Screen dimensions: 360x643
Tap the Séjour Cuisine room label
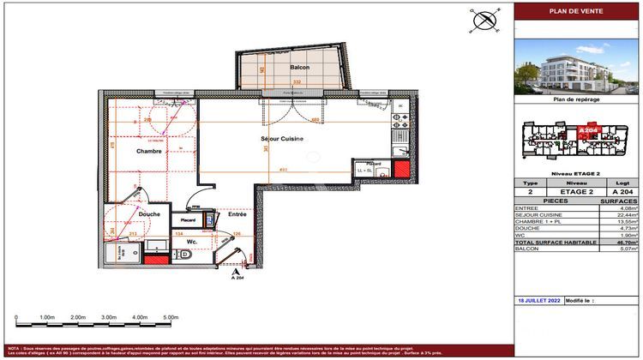point(285,138)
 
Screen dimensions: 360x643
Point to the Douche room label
point(126,213)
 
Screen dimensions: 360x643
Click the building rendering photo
point(576,68)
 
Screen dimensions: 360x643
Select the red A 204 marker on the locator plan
point(587,130)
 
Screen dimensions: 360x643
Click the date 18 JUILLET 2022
point(539,302)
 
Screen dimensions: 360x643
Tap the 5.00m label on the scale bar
point(169,317)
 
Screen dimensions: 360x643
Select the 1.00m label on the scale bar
point(46,317)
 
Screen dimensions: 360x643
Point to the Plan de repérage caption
point(576,99)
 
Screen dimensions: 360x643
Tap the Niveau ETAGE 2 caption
point(576,173)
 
